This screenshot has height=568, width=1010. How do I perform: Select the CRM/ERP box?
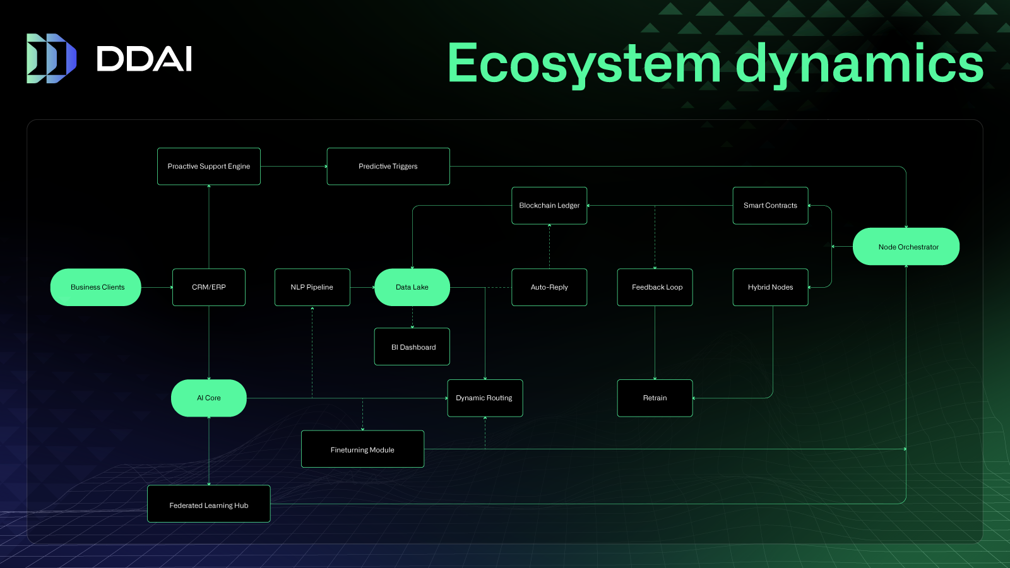pyautogui.click(x=209, y=287)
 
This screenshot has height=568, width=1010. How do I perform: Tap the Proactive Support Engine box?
pyautogui.click(x=209, y=167)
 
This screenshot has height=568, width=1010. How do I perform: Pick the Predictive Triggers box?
pyautogui.click(x=388, y=167)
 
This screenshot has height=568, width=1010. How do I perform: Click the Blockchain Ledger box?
pyautogui.click(x=549, y=206)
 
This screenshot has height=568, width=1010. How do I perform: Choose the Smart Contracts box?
pyautogui.click(x=770, y=206)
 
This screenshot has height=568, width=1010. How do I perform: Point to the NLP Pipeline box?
pyautogui.click(x=312, y=287)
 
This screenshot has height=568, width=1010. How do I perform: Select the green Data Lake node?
pyautogui.click(x=412, y=287)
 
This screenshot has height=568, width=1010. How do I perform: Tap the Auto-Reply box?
pyautogui.click(x=549, y=287)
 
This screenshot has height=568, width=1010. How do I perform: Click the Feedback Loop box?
pyautogui.click(x=655, y=287)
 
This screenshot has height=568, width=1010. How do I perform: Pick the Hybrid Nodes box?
pyautogui.click(x=770, y=287)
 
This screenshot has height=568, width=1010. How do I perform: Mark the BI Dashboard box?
pyautogui.click(x=412, y=346)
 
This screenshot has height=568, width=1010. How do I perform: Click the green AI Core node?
pyautogui.click(x=209, y=398)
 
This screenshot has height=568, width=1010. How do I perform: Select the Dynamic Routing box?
pyautogui.click(x=485, y=398)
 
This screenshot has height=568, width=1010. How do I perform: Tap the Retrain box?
pyautogui.click(x=655, y=398)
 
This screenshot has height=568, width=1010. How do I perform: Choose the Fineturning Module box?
pyautogui.click(x=362, y=449)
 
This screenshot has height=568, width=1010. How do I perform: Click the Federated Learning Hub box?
pyautogui.click(x=209, y=504)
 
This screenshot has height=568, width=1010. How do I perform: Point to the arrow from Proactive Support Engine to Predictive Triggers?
pyautogui.click(x=294, y=167)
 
